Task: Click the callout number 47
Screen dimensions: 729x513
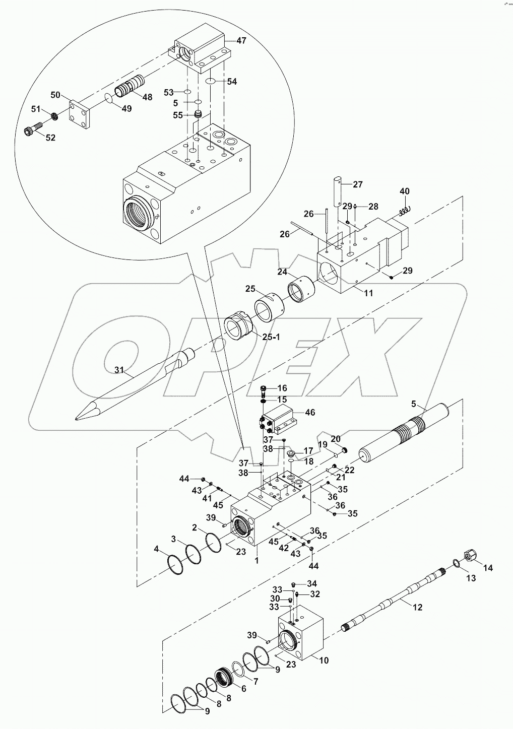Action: (241, 40)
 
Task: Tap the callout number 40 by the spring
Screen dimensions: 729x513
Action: (405, 191)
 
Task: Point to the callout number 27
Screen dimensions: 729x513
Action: (357, 184)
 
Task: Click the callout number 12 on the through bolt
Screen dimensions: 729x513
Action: (417, 607)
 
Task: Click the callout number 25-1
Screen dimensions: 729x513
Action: (270, 337)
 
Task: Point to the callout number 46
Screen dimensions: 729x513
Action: (310, 412)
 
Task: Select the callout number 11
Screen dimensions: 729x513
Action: (368, 293)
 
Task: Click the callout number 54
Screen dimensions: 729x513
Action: (231, 82)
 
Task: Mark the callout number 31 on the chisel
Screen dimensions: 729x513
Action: (119, 370)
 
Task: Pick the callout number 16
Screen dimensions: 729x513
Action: (282, 388)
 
